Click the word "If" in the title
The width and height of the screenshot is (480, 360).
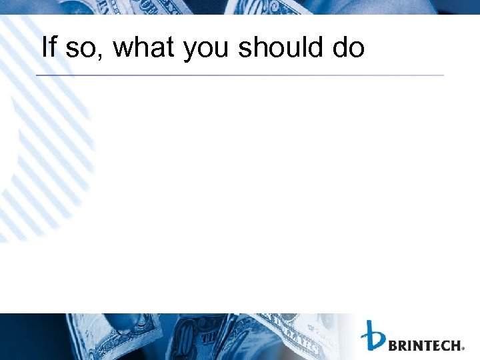49,47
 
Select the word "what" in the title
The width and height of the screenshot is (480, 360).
143,47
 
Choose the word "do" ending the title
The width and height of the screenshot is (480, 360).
349,47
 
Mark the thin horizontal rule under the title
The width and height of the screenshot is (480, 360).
240,75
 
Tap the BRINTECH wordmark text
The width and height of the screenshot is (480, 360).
424,345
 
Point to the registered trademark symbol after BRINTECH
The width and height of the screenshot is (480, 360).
463,348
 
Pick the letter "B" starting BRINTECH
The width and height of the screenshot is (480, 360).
393,345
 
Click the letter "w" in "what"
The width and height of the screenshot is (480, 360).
122,50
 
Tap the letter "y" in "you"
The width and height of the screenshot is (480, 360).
189,51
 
